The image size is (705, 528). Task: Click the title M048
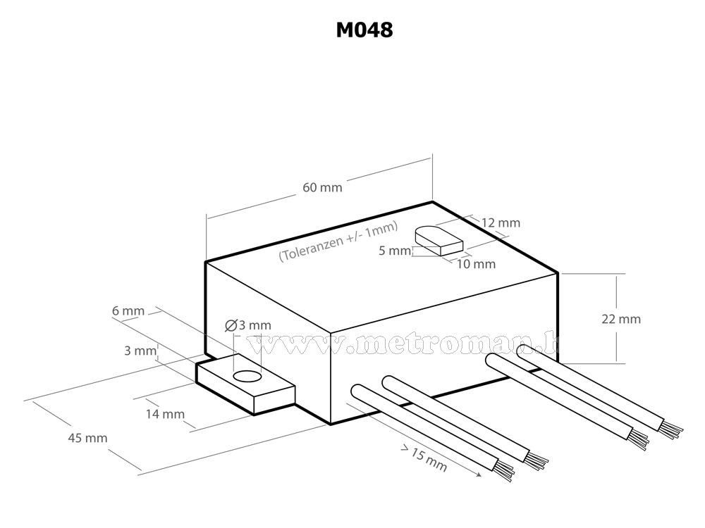[363, 30]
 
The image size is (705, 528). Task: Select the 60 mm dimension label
[322, 187]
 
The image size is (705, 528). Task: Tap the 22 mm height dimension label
[621, 319]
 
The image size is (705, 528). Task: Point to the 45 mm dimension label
[87, 438]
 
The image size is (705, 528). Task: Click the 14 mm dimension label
[164, 414]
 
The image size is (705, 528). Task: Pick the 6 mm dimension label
[128, 310]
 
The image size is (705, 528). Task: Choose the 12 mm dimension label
[501, 223]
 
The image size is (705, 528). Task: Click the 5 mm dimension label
[393, 251]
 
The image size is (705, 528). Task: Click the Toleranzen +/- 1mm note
[338, 241]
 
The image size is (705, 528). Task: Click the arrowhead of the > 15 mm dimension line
[480, 476]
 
